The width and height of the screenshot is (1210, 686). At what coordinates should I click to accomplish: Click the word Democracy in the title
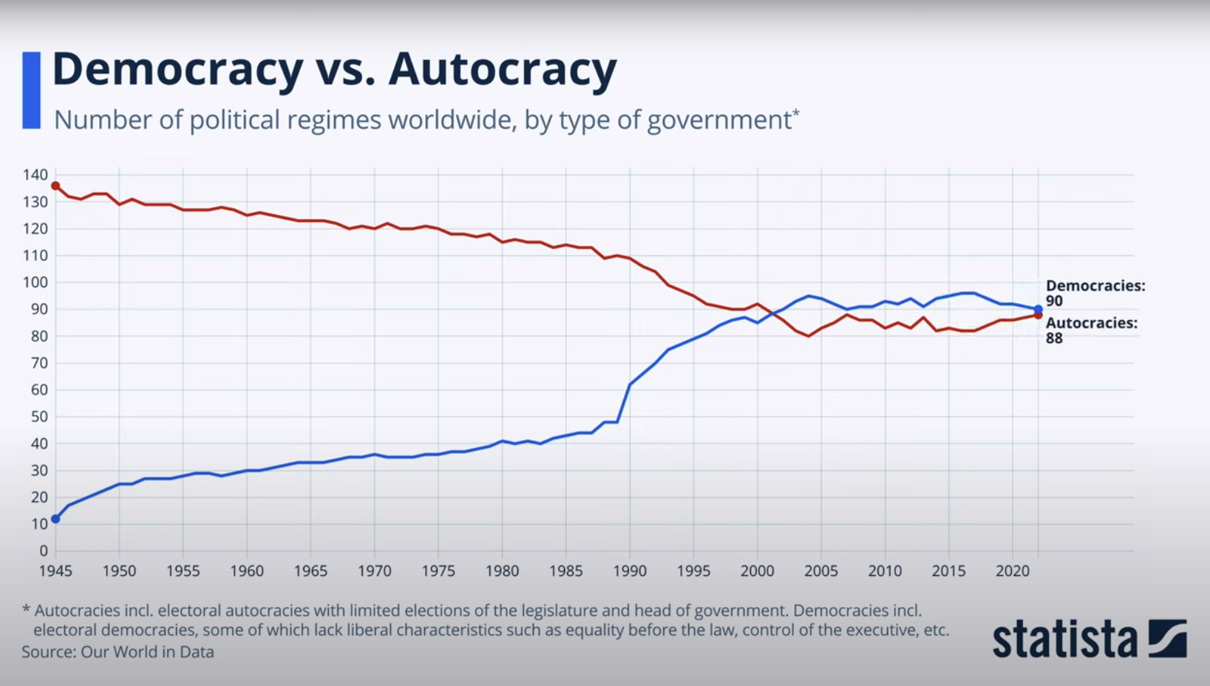point(177,69)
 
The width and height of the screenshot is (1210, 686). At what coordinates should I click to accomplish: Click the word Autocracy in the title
point(503,69)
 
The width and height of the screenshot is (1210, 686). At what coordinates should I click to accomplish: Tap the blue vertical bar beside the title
point(31,90)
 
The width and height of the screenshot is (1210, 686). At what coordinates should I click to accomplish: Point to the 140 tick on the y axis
point(35,175)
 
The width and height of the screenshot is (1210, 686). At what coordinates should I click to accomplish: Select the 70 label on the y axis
point(38,363)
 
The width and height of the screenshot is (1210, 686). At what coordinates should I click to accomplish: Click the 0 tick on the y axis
point(44,551)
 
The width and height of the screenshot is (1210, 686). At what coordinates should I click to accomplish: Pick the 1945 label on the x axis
point(55,571)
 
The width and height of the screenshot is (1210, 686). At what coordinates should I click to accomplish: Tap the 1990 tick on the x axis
point(630,571)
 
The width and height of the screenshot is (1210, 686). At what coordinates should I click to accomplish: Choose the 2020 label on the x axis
point(1012,571)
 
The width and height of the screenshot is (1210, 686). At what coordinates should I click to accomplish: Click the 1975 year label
point(438,571)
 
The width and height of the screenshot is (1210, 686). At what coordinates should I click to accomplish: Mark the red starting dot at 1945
point(55,186)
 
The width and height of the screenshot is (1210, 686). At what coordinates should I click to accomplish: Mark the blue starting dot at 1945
point(55,519)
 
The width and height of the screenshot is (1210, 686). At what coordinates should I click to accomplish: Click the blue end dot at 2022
point(1038,309)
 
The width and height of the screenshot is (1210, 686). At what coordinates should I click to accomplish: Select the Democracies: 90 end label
point(1094,293)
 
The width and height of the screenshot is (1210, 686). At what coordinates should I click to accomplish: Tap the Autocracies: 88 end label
point(1090,330)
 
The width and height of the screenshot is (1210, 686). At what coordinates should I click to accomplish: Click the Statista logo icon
point(1167,639)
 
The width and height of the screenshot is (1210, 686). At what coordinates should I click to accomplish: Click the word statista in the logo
point(1064,640)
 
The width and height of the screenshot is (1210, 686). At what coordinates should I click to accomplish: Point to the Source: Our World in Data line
point(118,652)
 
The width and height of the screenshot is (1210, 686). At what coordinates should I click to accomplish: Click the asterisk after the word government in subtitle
point(796,113)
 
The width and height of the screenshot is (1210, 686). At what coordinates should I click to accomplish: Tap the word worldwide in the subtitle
point(452,120)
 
